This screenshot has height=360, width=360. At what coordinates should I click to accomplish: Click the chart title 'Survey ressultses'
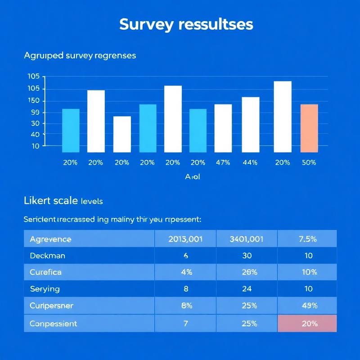click(186, 24)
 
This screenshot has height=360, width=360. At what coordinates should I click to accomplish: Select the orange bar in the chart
click(309, 128)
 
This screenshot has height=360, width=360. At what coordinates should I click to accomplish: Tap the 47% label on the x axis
click(223, 163)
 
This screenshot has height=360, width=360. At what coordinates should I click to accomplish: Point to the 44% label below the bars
click(250, 163)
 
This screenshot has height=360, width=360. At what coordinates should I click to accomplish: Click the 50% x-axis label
click(309, 163)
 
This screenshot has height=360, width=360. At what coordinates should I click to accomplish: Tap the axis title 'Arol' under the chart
click(192, 177)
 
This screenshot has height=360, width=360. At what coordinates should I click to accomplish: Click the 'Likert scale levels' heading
click(66, 201)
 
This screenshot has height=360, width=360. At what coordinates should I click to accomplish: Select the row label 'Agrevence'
click(50, 239)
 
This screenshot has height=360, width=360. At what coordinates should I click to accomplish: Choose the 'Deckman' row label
click(47, 256)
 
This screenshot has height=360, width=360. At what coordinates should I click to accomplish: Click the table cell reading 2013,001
click(185, 239)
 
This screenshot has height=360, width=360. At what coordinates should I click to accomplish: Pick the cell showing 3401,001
click(247, 239)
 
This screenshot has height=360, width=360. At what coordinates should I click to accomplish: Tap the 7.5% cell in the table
click(308, 239)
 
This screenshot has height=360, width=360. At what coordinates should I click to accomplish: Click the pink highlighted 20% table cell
click(307, 324)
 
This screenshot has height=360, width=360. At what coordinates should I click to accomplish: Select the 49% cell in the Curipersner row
click(308, 306)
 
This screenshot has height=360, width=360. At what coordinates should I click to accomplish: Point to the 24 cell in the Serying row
click(247, 289)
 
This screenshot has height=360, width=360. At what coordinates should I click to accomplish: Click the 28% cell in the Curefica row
click(247, 272)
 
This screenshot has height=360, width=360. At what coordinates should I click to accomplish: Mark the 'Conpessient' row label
click(53, 324)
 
